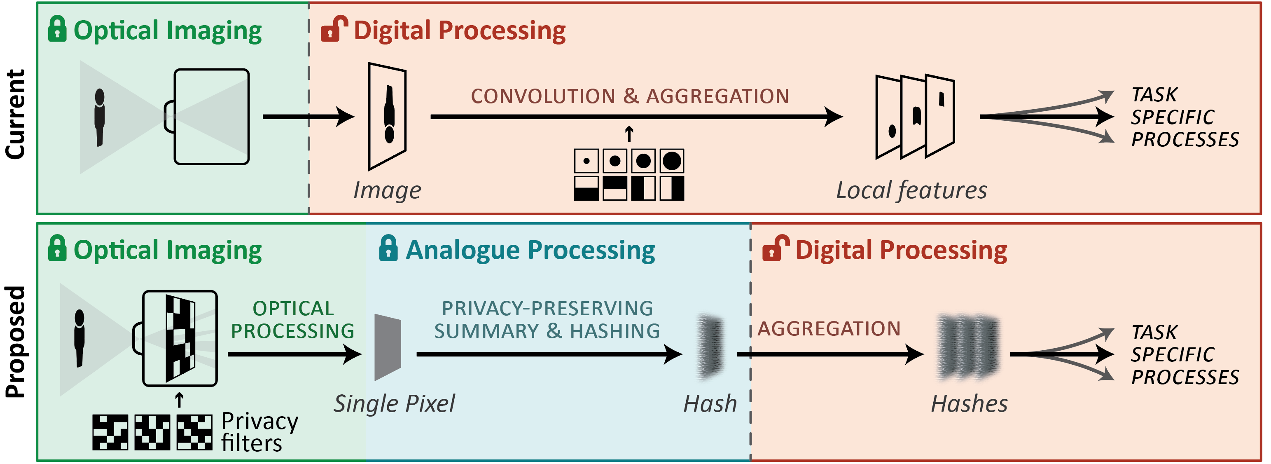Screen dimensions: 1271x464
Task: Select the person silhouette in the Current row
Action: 100,117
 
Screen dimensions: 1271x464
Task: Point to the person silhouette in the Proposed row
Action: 79,338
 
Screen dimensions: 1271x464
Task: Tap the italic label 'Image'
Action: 387,190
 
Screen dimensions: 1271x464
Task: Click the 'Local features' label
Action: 912,190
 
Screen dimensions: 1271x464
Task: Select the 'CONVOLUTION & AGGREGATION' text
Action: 630,96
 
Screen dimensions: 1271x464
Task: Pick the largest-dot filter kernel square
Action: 671,161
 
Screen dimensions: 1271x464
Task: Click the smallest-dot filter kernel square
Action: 586,161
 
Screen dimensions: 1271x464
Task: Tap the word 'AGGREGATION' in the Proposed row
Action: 829,329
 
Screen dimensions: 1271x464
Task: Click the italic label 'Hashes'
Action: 969,404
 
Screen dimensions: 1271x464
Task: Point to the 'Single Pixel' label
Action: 394,404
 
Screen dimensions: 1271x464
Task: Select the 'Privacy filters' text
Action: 259,432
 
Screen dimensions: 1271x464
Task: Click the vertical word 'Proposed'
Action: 16,342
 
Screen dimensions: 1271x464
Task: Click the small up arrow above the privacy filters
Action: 180,400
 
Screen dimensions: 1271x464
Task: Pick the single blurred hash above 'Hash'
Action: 710,347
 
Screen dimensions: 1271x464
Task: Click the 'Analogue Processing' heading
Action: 530,250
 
